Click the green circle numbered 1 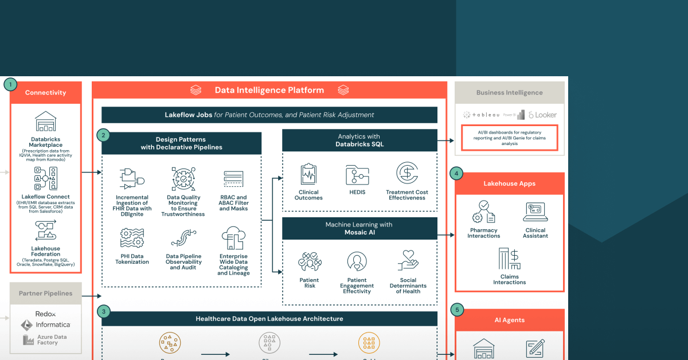tap(10, 85)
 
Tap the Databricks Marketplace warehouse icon tap(45, 122)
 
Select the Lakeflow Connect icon tap(45, 179)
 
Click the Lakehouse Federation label tap(45, 251)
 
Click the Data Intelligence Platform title tap(269, 90)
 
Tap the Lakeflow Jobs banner tap(269, 115)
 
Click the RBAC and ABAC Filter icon tap(234, 179)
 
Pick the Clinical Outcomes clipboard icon tap(308, 174)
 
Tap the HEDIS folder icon tap(357, 174)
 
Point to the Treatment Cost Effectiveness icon tap(407, 173)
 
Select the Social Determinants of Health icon tap(408, 261)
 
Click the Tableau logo tap(481, 115)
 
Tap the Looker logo tap(542, 115)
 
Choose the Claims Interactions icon tap(509, 259)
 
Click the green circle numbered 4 tap(456, 172)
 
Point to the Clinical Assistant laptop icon tap(535, 212)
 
